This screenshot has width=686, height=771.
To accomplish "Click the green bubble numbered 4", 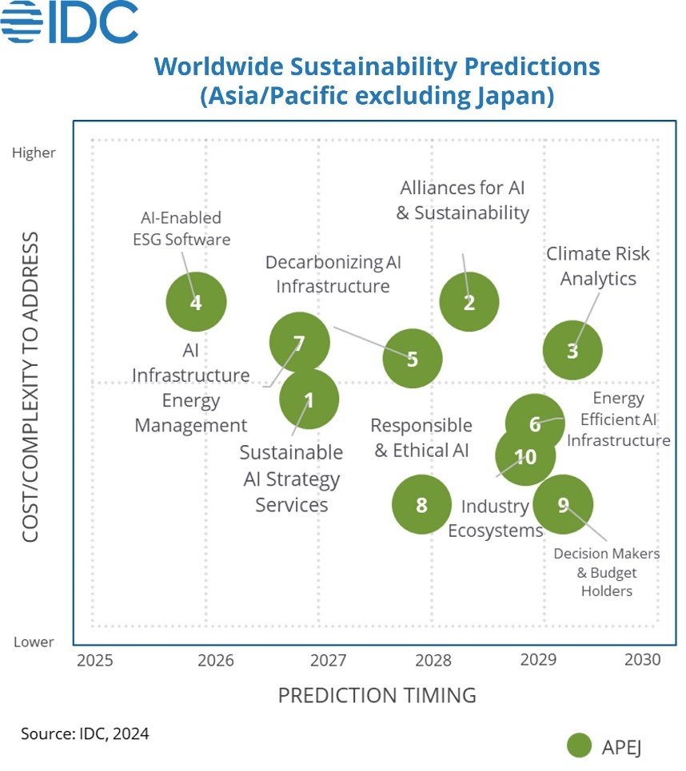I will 196,302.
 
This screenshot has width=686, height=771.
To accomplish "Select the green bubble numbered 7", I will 299,343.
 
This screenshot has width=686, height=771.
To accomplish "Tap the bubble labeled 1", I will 309,399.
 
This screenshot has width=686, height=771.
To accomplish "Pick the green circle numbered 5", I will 412,359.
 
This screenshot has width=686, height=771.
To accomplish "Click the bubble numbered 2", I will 469,302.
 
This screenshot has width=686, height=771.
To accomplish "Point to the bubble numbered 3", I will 572,350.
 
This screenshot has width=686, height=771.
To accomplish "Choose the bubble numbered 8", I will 421,504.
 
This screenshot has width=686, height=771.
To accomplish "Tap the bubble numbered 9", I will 563,504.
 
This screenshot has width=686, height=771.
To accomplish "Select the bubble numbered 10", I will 525,456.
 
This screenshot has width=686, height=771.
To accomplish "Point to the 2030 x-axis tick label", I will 642,660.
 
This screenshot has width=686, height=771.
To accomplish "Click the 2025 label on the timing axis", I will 95,661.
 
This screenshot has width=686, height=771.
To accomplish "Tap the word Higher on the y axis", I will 34,153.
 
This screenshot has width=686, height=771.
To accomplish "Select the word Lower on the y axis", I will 34,642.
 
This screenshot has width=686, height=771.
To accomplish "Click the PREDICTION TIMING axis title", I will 377,695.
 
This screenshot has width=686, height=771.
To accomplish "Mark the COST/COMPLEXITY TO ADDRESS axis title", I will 30,387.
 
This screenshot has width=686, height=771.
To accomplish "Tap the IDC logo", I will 70,22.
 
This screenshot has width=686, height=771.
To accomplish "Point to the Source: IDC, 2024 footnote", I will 85,733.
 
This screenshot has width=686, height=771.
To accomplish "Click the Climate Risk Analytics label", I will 598,266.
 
